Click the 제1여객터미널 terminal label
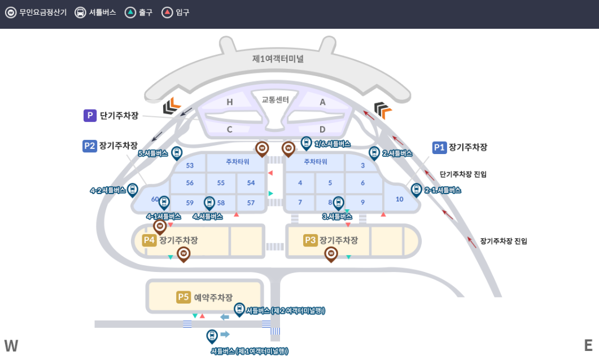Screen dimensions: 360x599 [x=278, y=59]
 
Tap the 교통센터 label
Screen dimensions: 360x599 [x=275, y=100]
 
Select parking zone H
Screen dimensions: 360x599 [x=229, y=102]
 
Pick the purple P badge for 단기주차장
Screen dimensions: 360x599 [x=90, y=116]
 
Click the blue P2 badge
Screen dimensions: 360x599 [x=90, y=146]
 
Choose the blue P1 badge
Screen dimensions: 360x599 [x=440, y=147]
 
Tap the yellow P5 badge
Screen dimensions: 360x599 [x=183, y=297]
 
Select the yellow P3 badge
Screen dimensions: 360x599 [x=311, y=240]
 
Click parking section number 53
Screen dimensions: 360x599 [x=190, y=165]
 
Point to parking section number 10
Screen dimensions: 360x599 [x=400, y=199]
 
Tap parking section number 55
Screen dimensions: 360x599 [x=221, y=183]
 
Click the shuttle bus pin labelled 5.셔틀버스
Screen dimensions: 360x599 [x=177, y=152]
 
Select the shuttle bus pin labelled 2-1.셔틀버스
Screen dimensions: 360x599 [x=417, y=190]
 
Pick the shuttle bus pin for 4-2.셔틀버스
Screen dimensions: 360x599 [x=133, y=190]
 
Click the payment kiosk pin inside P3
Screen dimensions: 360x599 [x=331, y=254]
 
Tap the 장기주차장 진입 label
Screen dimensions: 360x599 [x=504, y=241]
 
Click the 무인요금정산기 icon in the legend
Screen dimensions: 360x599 [x=11, y=12]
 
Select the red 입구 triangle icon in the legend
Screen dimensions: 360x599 [x=167, y=12]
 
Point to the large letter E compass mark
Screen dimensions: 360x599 [x=588, y=346]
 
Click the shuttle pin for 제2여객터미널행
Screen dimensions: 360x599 [x=239, y=309]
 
